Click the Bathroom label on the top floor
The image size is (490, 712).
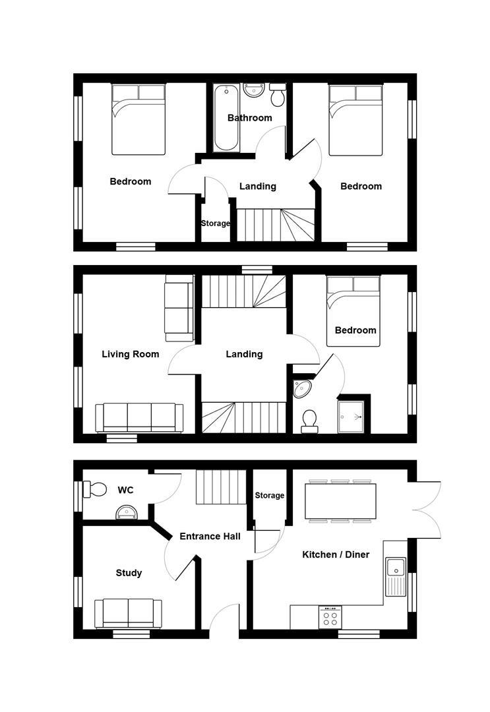coord(249,118)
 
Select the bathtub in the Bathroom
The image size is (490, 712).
coord(224,119)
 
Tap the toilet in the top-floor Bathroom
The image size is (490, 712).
coord(278,96)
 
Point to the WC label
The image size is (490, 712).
coord(125,490)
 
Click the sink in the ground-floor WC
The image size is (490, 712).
coord(125,512)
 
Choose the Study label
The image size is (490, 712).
coord(129,573)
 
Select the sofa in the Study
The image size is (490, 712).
coord(128,613)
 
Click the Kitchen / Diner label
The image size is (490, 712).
coord(336,554)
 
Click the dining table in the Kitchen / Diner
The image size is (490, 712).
coord(340,501)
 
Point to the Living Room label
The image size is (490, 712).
coord(130,354)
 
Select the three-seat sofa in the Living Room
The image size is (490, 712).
coord(139,418)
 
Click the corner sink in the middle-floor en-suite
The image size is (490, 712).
coord(303,388)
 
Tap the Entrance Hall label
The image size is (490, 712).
coord(210,536)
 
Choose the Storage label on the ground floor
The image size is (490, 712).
coord(269,495)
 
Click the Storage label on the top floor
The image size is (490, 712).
coord(216,223)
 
